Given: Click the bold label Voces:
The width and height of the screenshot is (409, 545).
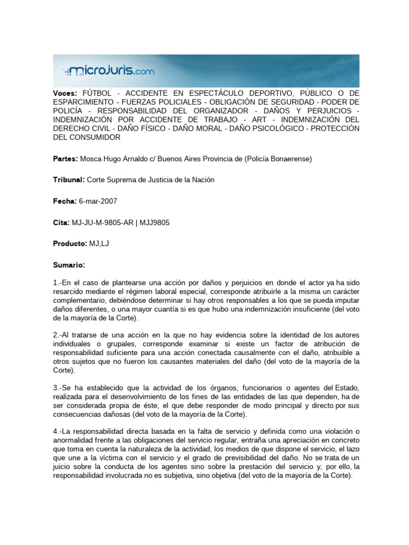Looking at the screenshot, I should (65, 93).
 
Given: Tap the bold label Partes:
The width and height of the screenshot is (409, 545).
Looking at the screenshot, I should (66, 159).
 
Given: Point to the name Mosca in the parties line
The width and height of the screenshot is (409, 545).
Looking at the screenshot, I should (92, 159).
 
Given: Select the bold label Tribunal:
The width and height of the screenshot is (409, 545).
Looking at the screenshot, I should (69, 180).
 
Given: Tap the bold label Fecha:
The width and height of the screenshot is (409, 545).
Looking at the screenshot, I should (65, 201).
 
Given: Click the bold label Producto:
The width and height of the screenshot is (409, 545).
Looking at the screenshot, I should (70, 243).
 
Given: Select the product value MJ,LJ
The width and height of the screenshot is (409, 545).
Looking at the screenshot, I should (99, 243).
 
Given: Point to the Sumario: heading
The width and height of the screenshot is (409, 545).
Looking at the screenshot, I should (69, 265).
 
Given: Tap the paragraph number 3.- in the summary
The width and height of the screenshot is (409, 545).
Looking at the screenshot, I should (57, 386).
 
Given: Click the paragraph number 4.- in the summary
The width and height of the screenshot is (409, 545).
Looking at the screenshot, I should (57, 431).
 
